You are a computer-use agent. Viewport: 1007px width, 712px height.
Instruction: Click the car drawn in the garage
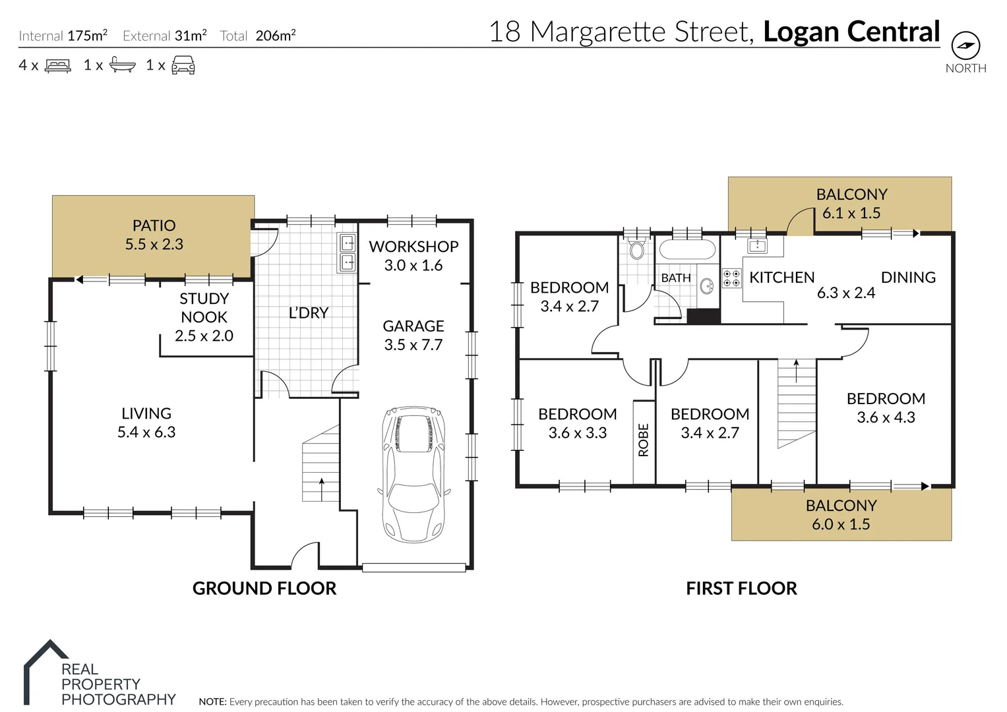tap(413, 475)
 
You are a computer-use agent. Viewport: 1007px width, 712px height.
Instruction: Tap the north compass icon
tap(965, 45)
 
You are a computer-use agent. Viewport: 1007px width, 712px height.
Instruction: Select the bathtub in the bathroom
tap(687, 249)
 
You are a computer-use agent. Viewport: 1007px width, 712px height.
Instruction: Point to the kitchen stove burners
tap(731, 278)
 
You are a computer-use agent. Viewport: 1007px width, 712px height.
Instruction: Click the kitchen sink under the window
tap(757, 245)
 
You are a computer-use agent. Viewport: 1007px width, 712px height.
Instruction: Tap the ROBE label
tap(644, 440)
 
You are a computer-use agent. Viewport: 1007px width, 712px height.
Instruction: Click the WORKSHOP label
tap(413, 247)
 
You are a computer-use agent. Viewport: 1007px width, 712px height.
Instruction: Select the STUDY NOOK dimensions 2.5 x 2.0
tap(204, 336)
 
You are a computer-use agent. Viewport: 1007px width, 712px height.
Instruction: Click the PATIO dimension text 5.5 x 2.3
tap(154, 244)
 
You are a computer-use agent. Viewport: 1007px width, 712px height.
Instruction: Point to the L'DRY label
tap(309, 313)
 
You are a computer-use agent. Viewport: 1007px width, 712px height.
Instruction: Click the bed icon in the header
tap(58, 66)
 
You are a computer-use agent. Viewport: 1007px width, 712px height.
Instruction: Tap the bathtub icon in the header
tap(122, 65)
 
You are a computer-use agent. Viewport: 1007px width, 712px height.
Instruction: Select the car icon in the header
tap(183, 65)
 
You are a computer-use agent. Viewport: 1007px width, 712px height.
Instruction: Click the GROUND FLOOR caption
tap(264, 588)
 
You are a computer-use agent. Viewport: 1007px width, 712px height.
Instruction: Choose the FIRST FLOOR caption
tap(741, 588)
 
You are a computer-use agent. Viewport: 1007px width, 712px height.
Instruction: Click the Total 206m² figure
tap(258, 36)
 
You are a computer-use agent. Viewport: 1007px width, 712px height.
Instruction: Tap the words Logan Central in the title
tap(851, 32)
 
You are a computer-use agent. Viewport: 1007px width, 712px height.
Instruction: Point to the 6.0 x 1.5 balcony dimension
tap(841, 524)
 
